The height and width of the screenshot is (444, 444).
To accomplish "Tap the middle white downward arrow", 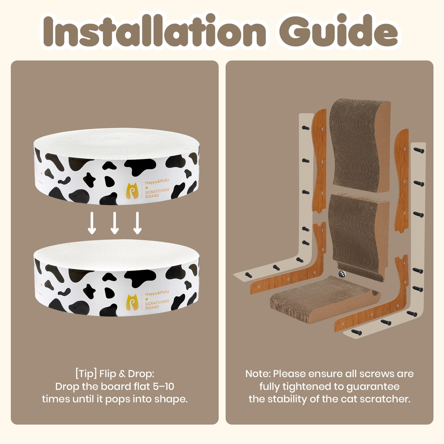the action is click(114, 223).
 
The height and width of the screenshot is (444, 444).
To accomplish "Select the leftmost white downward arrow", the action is click(92, 223).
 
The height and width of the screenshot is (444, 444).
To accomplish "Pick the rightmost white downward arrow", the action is click(137, 223).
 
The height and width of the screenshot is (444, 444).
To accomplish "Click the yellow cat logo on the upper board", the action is click(133, 191).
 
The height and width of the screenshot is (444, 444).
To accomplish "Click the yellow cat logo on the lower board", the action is click(133, 302).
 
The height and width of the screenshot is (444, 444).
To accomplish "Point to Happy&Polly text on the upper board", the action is click(157, 182).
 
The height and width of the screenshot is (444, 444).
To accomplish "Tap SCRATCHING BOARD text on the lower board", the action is click(157, 304).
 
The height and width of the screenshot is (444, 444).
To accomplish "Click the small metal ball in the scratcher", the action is click(341, 274).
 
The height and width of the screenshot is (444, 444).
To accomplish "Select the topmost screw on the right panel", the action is click(419, 150).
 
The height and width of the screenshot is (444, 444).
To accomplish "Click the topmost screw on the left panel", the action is click(306, 128).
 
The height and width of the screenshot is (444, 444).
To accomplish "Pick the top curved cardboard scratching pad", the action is click(359, 145).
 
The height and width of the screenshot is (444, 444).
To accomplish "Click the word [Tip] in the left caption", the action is click(86, 373).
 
